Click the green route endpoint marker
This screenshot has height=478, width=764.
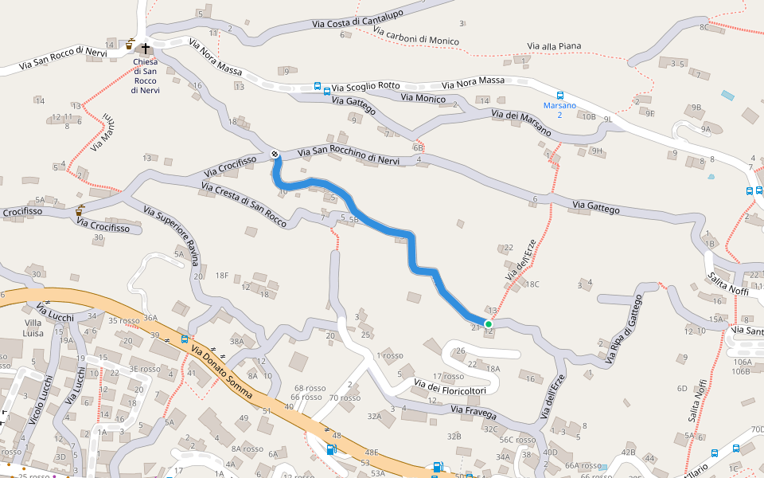click(488, 323)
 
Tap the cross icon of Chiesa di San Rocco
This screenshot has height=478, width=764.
click(146, 49)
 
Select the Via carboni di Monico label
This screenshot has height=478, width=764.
click(415, 37)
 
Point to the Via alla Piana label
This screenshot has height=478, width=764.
click(555, 46)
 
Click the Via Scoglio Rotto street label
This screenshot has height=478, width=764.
click(366, 86)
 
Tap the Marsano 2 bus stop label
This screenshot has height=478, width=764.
click(559, 110)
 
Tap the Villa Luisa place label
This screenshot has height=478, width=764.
click(33, 328)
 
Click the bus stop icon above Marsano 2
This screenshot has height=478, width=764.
click(560, 96)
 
